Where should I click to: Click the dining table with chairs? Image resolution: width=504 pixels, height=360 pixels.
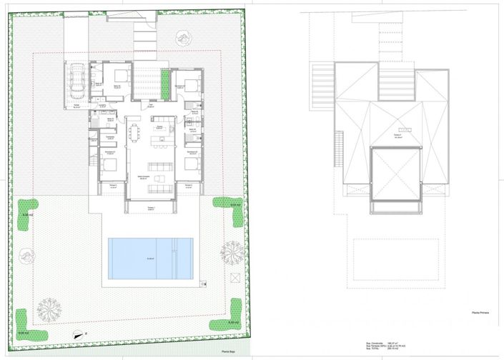[x=135, y=134]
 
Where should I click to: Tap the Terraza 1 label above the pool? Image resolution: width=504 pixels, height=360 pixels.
[x=151, y=208]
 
